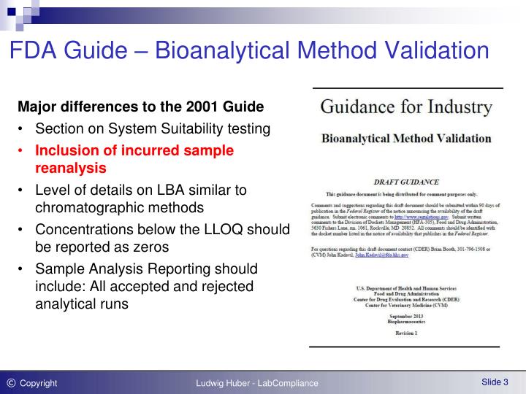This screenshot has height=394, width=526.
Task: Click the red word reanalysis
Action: coord(71,168)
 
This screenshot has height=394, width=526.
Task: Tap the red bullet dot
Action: coord(22,151)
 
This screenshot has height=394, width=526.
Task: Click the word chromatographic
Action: coord(88,207)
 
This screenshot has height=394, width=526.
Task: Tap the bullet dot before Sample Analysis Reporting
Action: coord(22,269)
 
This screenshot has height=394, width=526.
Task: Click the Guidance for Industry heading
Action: coord(407,108)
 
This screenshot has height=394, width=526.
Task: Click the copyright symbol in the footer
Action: coord(10,382)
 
